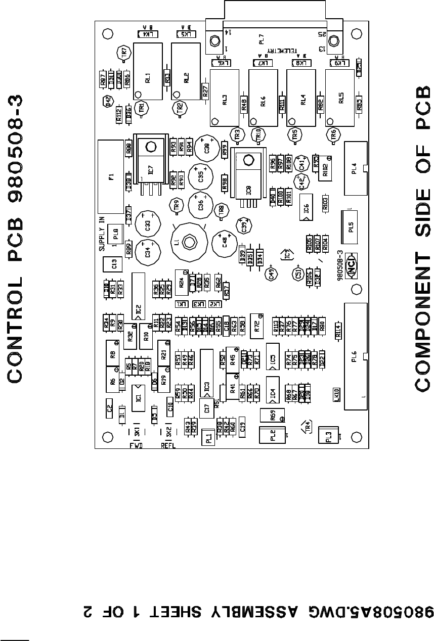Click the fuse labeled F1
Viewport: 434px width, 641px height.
pyautogui.click(x=111, y=177)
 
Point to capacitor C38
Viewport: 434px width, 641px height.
pyautogui.click(x=206, y=147)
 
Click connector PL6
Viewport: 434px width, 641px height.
pyautogui.click(x=354, y=356)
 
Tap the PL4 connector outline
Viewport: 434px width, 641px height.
pyautogui.click(x=355, y=168)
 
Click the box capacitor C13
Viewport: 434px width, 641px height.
pyautogui.click(x=114, y=264)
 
